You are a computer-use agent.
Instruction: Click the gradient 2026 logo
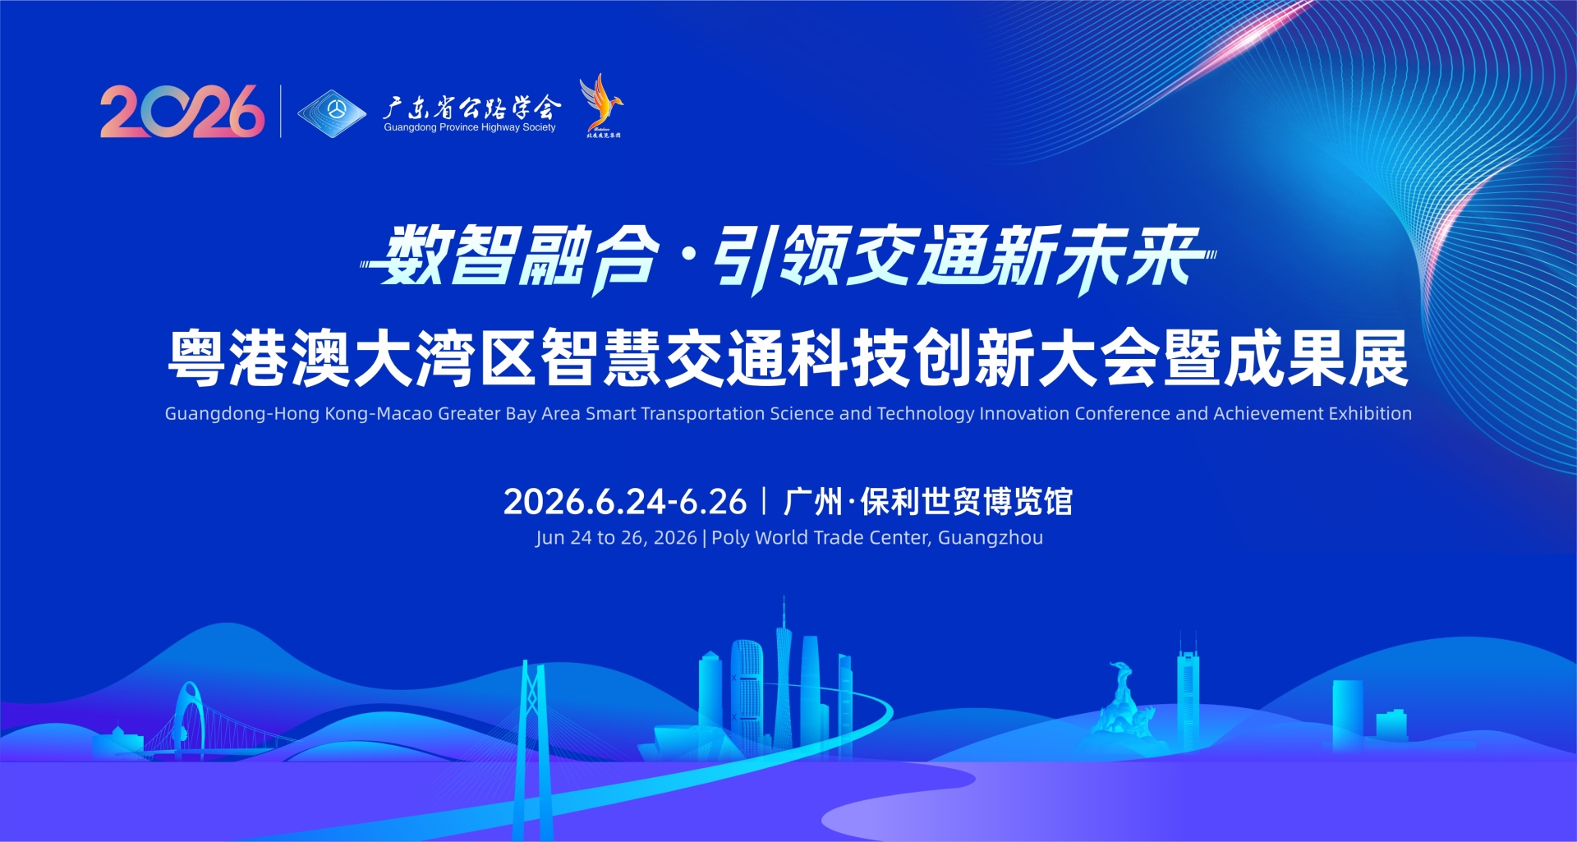[x=182, y=111]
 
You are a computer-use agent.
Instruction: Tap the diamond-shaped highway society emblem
[x=332, y=113]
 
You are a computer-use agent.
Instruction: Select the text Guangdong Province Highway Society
[x=470, y=128]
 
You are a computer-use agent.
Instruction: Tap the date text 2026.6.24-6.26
[x=625, y=502]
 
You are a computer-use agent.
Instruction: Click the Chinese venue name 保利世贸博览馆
[x=967, y=502]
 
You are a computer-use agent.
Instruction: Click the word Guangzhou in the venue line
[x=991, y=538]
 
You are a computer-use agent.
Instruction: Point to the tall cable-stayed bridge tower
[x=532, y=723]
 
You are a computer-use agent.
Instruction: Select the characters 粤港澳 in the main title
[x=260, y=358]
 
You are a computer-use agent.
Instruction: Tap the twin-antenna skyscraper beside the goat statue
[x=1188, y=694]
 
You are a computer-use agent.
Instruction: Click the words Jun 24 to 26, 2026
[x=616, y=538]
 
